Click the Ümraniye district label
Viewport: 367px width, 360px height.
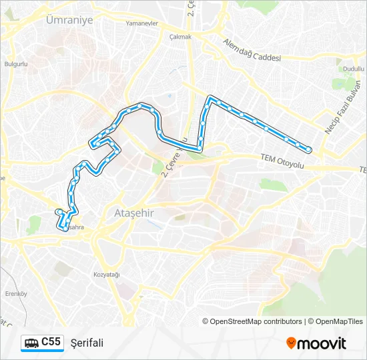69,20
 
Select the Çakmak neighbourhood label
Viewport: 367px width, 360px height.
180,37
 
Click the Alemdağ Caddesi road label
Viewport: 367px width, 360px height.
252,53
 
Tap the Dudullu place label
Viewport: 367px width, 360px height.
354,69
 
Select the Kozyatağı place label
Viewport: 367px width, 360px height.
106,275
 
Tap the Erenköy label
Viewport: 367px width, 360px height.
15,293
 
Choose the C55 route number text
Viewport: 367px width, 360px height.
51,342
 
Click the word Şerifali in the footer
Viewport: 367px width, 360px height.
87,343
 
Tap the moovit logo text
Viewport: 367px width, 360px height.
322,343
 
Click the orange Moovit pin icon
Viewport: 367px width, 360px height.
291,343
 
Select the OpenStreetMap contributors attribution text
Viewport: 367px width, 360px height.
256,321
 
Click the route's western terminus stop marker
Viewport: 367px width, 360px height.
59,212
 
